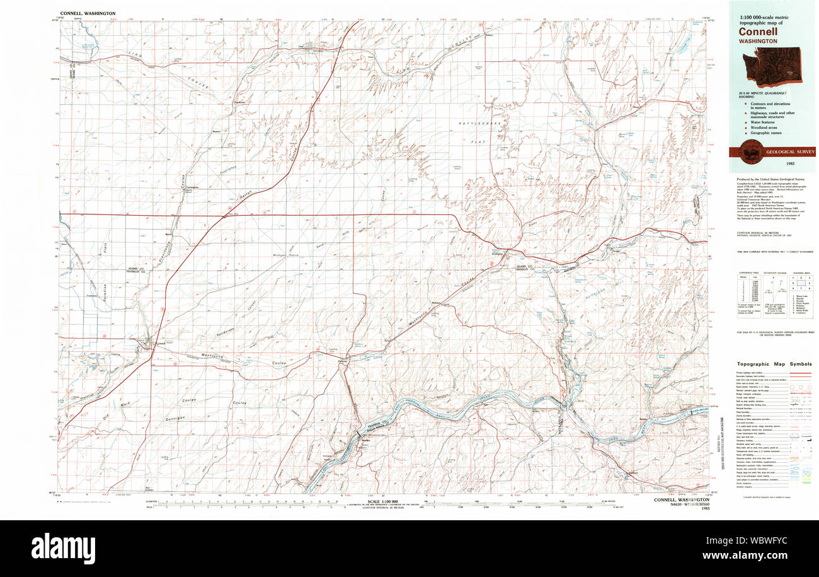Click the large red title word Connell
(759, 31)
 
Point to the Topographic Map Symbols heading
(774, 364)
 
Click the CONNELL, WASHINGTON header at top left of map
(88, 13)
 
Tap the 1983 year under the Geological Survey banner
(773, 163)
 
